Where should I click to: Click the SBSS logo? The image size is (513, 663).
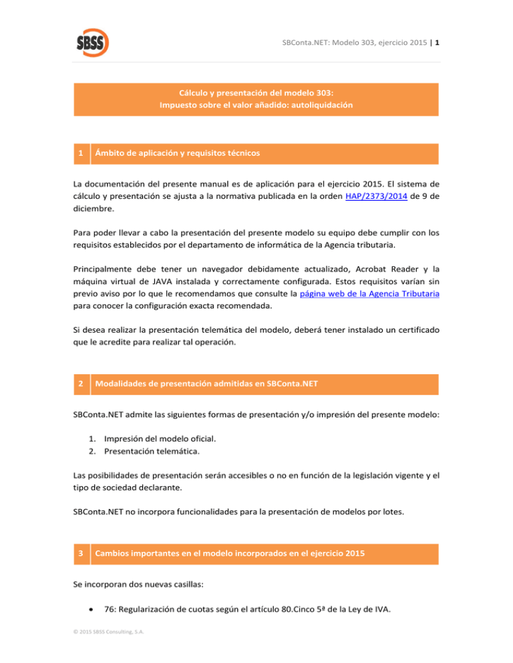(92, 41)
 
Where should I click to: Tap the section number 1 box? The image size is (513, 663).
(80, 153)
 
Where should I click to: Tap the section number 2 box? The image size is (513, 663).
(80, 384)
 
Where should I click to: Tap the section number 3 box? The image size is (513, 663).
(80, 554)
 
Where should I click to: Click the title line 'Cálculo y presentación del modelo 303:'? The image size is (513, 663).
(256, 93)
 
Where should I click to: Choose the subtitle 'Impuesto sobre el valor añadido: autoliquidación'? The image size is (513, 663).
(256, 105)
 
